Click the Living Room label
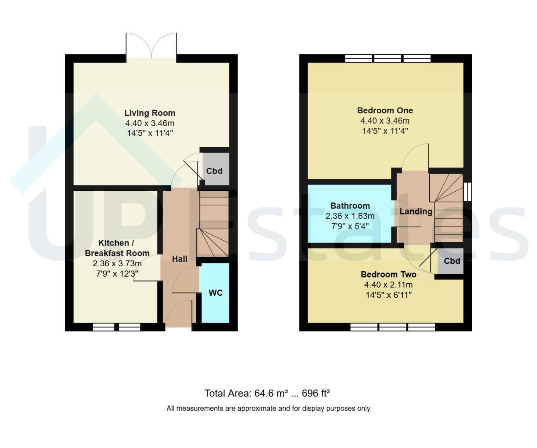pyautogui.click(x=150, y=113)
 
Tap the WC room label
pyautogui.click(x=215, y=293)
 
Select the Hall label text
pyautogui.click(x=179, y=259)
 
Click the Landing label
pyautogui.click(x=416, y=212)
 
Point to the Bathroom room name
pyautogui.click(x=350, y=206)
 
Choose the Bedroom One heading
pyautogui.click(x=385, y=110)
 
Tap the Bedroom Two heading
pyautogui.click(x=388, y=275)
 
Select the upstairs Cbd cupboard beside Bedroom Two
pyautogui.click(x=450, y=261)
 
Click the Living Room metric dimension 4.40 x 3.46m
pyautogui.click(x=150, y=123)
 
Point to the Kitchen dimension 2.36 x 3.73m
pyautogui.click(x=117, y=263)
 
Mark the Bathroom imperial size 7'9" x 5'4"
pyautogui.click(x=350, y=226)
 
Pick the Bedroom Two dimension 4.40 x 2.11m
pyautogui.click(x=388, y=285)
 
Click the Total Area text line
pyautogui.click(x=267, y=393)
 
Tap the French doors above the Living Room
pyautogui.click(x=151, y=48)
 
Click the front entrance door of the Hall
pyautogui.click(x=179, y=314)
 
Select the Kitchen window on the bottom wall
pyautogui.click(x=116, y=327)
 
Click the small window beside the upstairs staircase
pyautogui.click(x=468, y=192)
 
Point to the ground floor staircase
pyautogui.click(x=213, y=224)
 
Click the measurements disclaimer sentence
pyautogui.click(x=268, y=408)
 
